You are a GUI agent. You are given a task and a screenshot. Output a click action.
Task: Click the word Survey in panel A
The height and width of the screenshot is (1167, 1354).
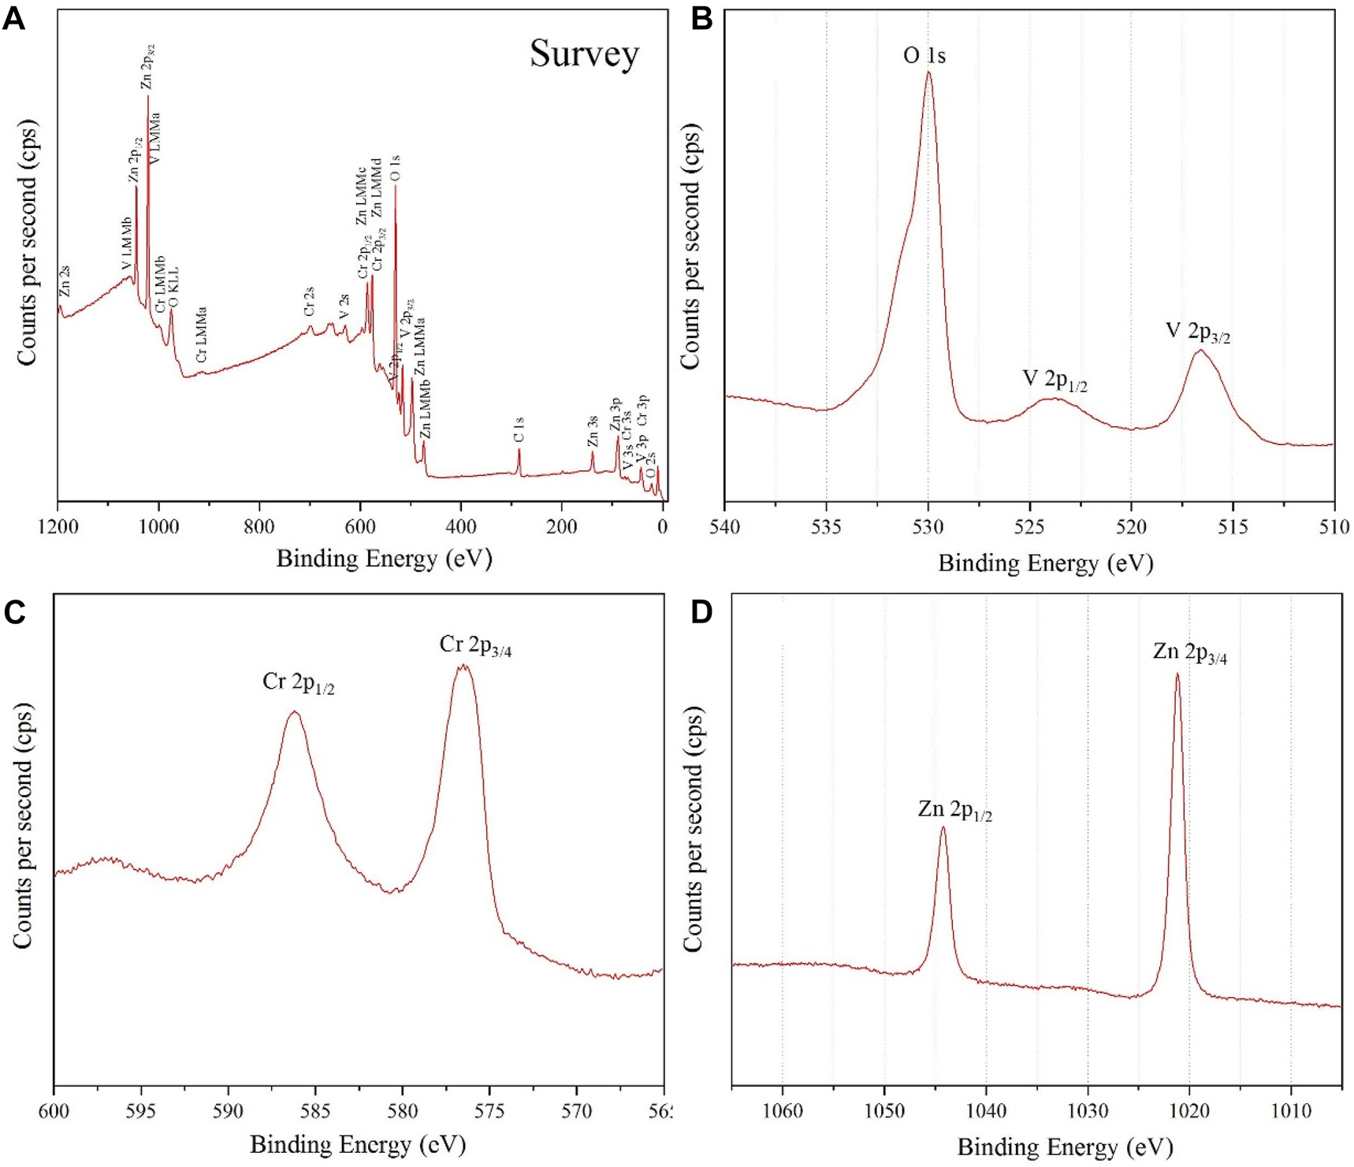[x=584, y=54]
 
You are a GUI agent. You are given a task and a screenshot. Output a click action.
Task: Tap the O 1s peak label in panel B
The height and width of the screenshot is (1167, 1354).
[x=924, y=56]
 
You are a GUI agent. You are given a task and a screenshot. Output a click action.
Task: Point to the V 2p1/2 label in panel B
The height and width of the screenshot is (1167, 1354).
[x=1055, y=380]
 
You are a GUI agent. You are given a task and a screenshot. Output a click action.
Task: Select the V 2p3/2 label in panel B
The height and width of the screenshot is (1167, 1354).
[x=1197, y=332]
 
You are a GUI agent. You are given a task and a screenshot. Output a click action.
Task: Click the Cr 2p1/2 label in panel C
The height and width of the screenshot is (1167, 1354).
[x=298, y=682]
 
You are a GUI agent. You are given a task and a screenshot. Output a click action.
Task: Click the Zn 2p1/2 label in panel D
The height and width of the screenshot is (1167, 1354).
[x=954, y=810]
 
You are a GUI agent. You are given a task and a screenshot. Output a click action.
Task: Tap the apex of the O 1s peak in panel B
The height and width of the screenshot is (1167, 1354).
[x=928, y=72]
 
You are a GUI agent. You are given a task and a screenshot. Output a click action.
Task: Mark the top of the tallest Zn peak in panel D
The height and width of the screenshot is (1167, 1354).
[x=1177, y=675]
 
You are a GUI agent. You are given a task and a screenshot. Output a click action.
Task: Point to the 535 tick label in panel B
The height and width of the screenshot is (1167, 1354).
[x=826, y=526]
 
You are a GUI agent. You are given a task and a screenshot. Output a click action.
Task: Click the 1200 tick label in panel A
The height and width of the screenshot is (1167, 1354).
[x=58, y=526]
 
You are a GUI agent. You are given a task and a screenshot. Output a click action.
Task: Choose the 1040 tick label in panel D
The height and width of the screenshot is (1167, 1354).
[x=986, y=1111]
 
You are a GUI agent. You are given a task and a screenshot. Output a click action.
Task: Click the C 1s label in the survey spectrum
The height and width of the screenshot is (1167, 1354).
[x=519, y=430]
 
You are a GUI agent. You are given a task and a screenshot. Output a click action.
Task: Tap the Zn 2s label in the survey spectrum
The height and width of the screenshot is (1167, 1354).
[x=65, y=281]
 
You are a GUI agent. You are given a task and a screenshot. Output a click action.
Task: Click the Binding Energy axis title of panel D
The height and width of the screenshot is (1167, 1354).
[x=1065, y=1147]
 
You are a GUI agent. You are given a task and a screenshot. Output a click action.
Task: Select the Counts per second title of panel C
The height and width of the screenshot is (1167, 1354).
[x=24, y=825]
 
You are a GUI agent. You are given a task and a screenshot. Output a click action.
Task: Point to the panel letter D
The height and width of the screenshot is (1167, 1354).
[x=701, y=612]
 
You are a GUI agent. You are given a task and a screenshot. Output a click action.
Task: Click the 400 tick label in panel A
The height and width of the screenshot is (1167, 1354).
[x=461, y=526]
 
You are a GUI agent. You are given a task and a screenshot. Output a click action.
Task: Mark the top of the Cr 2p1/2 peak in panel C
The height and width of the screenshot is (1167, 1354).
[x=294, y=712]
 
